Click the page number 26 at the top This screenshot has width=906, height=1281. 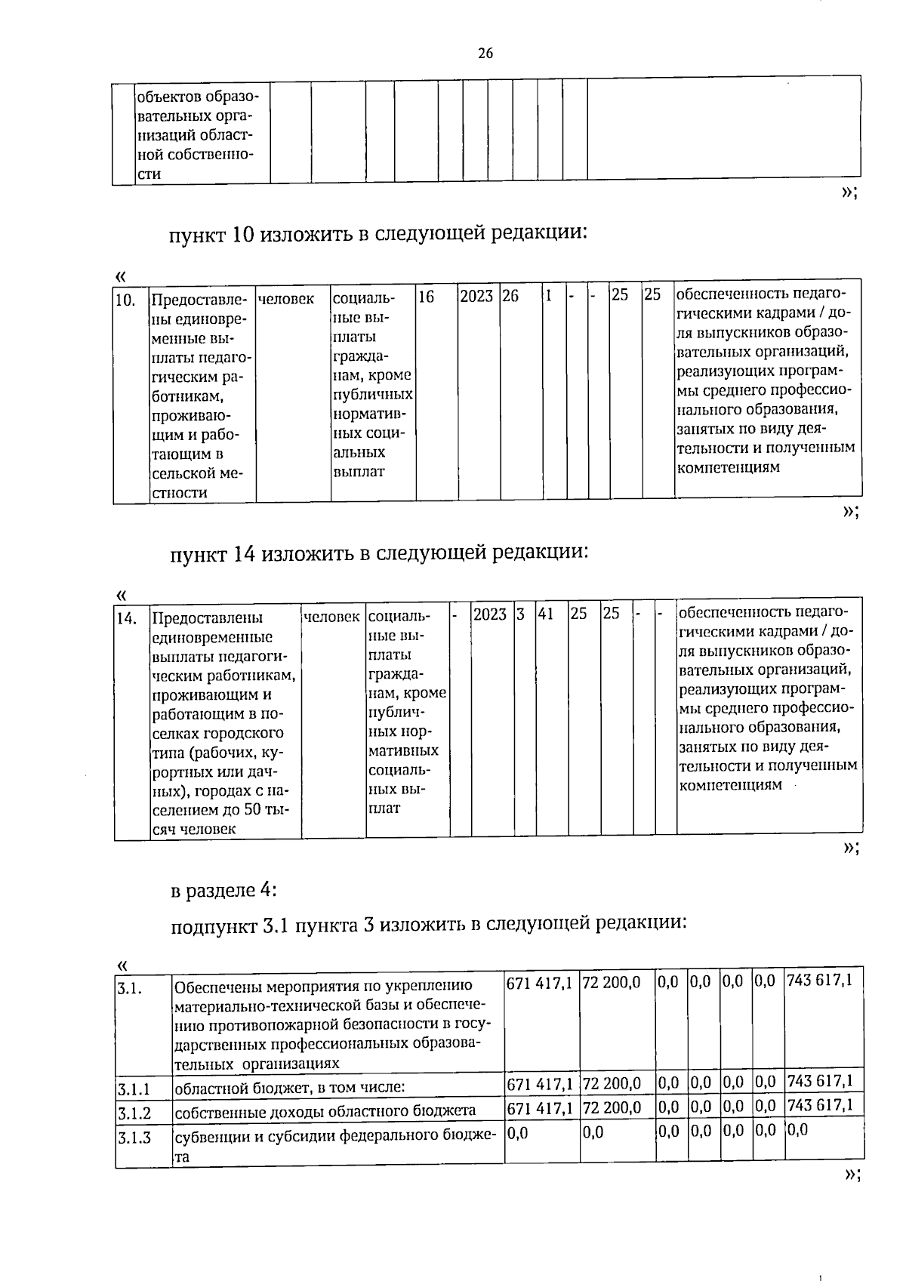click(485, 53)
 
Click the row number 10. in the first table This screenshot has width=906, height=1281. click(125, 299)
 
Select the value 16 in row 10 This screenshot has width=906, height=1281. click(427, 297)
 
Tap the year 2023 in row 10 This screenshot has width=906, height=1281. click(476, 297)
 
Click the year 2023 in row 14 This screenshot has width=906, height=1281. click(489, 614)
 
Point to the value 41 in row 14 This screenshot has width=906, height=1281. click(546, 614)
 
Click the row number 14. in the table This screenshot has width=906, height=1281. click(126, 618)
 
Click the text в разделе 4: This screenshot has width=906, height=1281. click(224, 891)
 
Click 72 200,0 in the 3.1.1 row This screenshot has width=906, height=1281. click(612, 1083)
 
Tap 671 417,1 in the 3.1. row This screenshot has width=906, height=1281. click(539, 982)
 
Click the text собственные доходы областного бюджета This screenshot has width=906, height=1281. click(325, 1110)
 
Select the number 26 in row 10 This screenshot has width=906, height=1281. click(510, 297)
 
